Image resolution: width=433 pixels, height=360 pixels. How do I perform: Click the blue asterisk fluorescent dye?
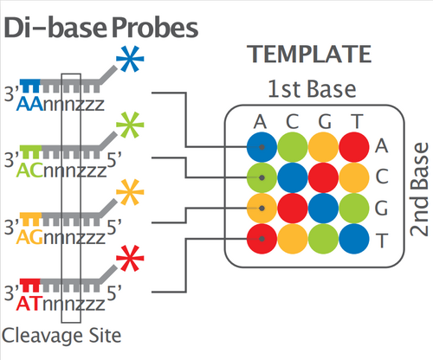pos(130,59)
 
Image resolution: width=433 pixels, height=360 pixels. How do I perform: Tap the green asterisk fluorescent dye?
pos(130,125)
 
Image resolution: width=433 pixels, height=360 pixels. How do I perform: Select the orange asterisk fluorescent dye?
pos(130,192)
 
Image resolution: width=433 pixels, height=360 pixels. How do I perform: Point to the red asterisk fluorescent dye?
pos(130,259)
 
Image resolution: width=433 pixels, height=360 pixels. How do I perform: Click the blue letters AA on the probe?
pos(29,105)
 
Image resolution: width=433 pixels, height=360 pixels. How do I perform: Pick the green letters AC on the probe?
pos(29,170)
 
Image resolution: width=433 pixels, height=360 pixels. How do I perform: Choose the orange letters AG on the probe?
pos(29,238)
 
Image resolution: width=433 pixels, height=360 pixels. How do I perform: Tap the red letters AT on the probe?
pos(28,304)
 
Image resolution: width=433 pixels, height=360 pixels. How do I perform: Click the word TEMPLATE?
pos(309,55)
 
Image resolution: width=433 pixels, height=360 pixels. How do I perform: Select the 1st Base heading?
pos(312,89)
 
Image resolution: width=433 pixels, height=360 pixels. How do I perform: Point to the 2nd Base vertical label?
pos(419,190)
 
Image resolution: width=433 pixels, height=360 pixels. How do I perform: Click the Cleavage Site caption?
pos(61,336)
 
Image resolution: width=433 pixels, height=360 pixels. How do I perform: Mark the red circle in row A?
pos(354,147)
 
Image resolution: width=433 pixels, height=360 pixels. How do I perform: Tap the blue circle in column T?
pos(354,239)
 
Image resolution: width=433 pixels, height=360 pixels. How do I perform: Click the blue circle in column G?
pos(323,209)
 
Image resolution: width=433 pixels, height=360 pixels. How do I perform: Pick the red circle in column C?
pos(293,209)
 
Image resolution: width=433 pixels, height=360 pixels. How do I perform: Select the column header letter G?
pos(325,122)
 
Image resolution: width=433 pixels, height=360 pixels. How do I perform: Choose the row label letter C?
pos(382,177)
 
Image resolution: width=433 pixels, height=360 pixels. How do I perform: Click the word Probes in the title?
pos(155,28)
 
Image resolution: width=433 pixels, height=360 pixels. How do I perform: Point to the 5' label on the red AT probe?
pos(114,292)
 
